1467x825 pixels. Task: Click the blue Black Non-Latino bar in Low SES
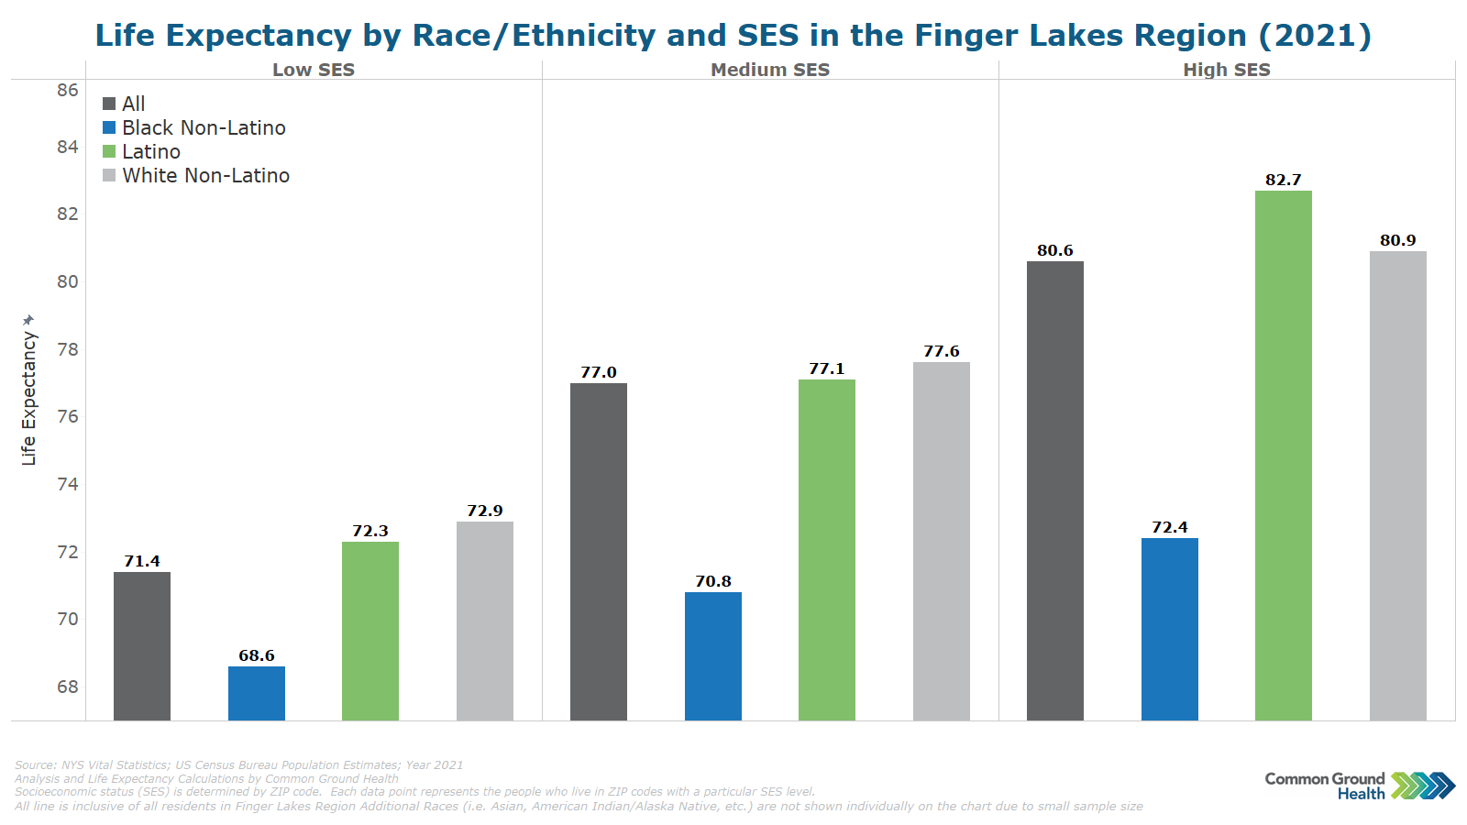coord(257,693)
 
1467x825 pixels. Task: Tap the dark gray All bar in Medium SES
coord(599,551)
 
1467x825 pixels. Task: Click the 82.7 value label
coord(1283,180)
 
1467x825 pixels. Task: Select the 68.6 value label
coord(257,655)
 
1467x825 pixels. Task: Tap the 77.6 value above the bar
coord(941,351)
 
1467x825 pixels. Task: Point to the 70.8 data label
coord(712,581)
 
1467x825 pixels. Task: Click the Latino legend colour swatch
coord(109,152)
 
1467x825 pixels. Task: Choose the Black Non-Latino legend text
coord(204,128)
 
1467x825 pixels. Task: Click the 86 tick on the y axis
coord(68,90)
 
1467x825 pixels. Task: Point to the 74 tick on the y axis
coord(68,484)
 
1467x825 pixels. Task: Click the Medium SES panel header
coord(770,70)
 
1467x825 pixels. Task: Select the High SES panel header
coord(1226,70)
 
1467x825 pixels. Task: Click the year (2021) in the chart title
coord(1315,36)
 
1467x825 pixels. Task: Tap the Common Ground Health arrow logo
coord(1422,786)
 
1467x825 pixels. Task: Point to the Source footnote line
coord(238,764)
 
